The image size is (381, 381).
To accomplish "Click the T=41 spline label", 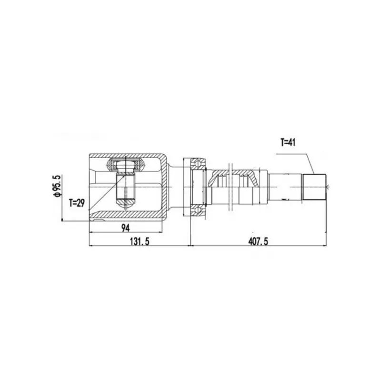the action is (288, 142).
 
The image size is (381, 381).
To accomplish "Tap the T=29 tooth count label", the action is (77, 203).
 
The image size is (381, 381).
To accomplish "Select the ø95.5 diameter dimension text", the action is (58, 186).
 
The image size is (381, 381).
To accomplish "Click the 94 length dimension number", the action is (125, 228).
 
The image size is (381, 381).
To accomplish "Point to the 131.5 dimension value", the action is (140, 241).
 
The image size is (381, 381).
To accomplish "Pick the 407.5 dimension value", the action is (258, 241).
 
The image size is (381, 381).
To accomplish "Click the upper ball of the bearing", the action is (198, 163).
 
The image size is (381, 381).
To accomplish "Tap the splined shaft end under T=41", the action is (314, 187).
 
